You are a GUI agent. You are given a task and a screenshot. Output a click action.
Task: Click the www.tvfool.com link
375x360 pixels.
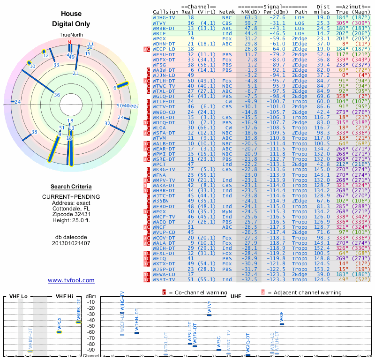click(71, 280)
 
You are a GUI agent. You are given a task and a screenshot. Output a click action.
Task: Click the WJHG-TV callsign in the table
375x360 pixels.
click(164, 17)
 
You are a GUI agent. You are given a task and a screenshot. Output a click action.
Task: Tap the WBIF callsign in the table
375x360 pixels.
click(159, 33)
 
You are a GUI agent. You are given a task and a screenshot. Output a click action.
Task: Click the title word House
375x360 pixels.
click(71, 14)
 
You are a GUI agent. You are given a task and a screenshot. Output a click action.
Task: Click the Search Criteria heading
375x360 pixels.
click(71, 187)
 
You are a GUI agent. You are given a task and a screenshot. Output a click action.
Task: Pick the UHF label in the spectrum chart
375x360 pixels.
click(236, 296)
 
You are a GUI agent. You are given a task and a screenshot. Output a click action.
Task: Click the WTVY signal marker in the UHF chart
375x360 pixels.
click(209, 315)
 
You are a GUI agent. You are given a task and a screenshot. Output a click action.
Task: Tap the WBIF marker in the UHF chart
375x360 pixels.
click(282, 324)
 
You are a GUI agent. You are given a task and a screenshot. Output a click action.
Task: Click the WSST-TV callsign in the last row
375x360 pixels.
click(164, 279)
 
